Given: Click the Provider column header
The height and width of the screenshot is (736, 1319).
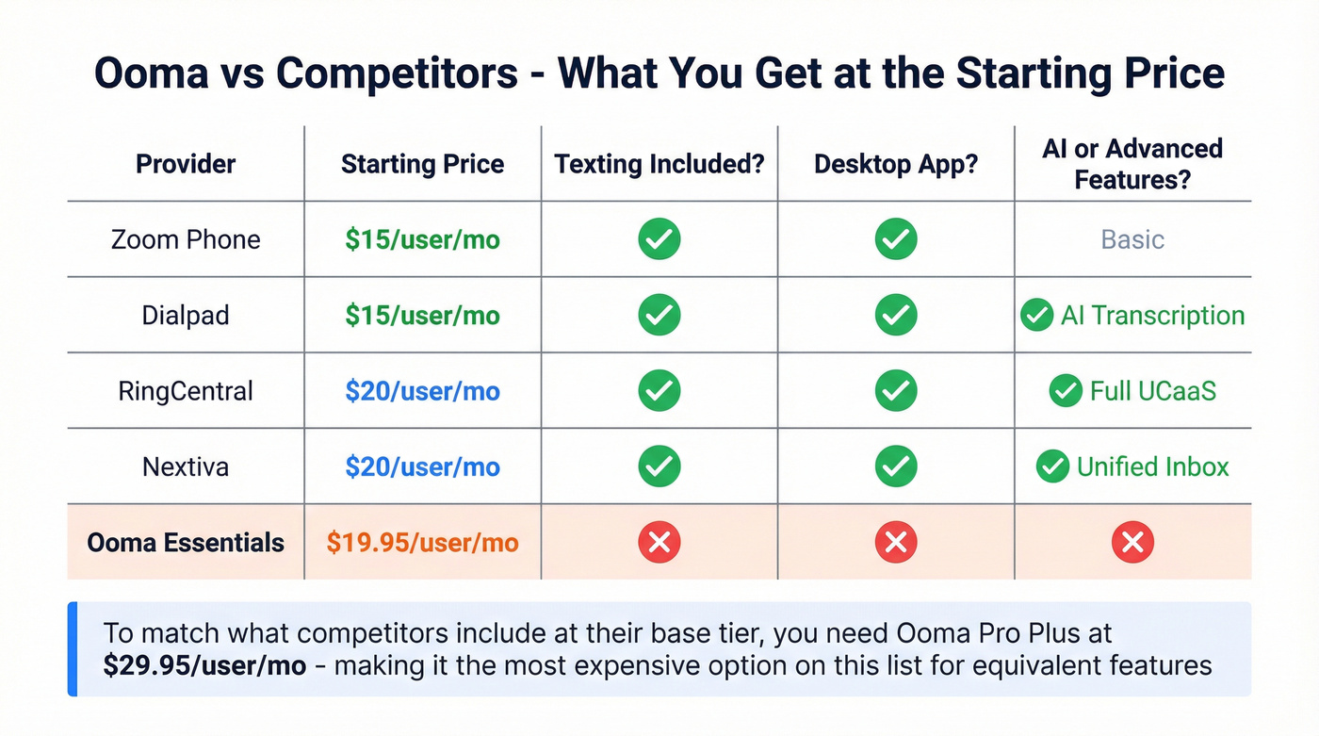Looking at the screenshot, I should coord(186,164).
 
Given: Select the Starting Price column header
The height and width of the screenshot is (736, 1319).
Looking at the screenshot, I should coord(422,164).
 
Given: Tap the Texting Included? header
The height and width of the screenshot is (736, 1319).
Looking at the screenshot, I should coord(659,164).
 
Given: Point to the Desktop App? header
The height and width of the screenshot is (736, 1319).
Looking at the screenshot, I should coord(896,164).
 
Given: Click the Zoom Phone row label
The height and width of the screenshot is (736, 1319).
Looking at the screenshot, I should coord(186,239).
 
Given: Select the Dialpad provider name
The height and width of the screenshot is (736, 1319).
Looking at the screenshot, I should coord(186,315).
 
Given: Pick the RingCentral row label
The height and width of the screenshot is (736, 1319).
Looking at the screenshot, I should coord(186,391).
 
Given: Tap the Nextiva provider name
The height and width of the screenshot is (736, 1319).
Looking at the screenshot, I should coord(186,466).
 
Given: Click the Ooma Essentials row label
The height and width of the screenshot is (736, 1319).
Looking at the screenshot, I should coord(186,543).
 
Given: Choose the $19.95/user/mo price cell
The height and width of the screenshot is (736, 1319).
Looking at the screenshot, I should coord(422,543).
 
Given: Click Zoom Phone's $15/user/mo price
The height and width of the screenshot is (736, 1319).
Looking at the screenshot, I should coord(422,239).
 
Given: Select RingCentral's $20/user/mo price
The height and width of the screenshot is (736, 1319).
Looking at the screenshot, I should coord(422,391).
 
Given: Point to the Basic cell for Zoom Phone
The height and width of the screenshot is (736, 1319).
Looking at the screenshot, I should coord(1132,239).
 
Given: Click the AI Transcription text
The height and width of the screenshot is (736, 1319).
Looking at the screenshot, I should coord(1152,315).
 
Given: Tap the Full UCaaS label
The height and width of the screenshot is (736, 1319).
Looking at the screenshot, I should coord(1152,391).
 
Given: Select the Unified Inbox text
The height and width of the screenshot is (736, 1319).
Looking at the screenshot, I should coord(1152,466).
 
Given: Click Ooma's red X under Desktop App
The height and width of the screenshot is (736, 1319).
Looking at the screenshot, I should coord(896,542).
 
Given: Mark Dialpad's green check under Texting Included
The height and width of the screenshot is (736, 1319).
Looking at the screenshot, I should coord(659,315).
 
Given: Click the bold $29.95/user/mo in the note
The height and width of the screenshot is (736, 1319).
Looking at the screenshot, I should coord(204,666).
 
